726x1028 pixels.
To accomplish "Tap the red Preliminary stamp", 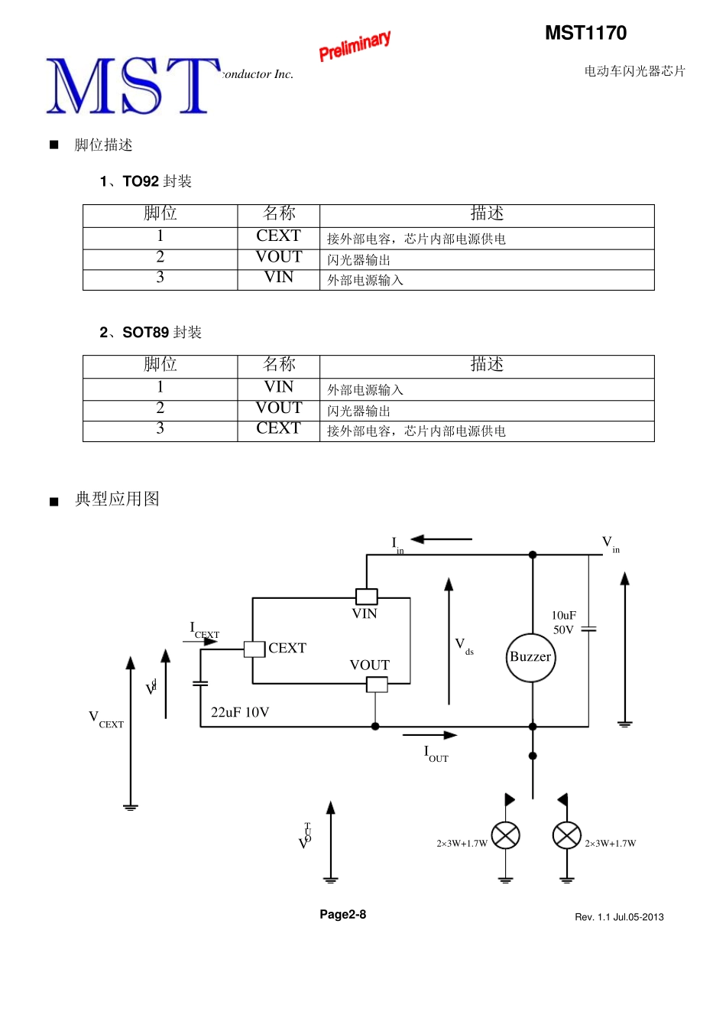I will click(x=355, y=46).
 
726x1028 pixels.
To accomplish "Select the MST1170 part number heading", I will click(x=585, y=33).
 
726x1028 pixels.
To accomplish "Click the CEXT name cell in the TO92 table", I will click(x=278, y=236).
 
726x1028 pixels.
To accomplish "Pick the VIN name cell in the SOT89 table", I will click(x=278, y=388).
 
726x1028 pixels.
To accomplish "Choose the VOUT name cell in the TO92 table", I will click(x=278, y=258).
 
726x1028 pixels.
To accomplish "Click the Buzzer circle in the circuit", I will click(x=531, y=657).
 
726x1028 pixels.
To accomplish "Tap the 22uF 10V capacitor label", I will click(x=240, y=713).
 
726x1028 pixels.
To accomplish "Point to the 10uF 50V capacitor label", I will click(x=564, y=623).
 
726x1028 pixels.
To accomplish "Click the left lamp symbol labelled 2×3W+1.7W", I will click(x=505, y=835).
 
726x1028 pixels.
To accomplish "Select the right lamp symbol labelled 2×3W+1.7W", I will click(x=566, y=835).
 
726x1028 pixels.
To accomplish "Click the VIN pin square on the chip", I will click(x=367, y=596).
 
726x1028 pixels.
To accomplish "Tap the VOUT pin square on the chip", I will click(x=377, y=685).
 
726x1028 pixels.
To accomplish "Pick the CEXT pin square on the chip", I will click(x=254, y=649).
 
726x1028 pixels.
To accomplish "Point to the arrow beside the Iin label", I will click(x=441, y=539).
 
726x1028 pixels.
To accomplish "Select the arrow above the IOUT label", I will click(x=429, y=735).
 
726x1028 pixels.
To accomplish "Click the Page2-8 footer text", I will click(x=342, y=915).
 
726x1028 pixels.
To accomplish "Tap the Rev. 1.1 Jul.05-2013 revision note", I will click(x=619, y=917).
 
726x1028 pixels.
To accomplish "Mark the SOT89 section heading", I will click(x=151, y=333).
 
